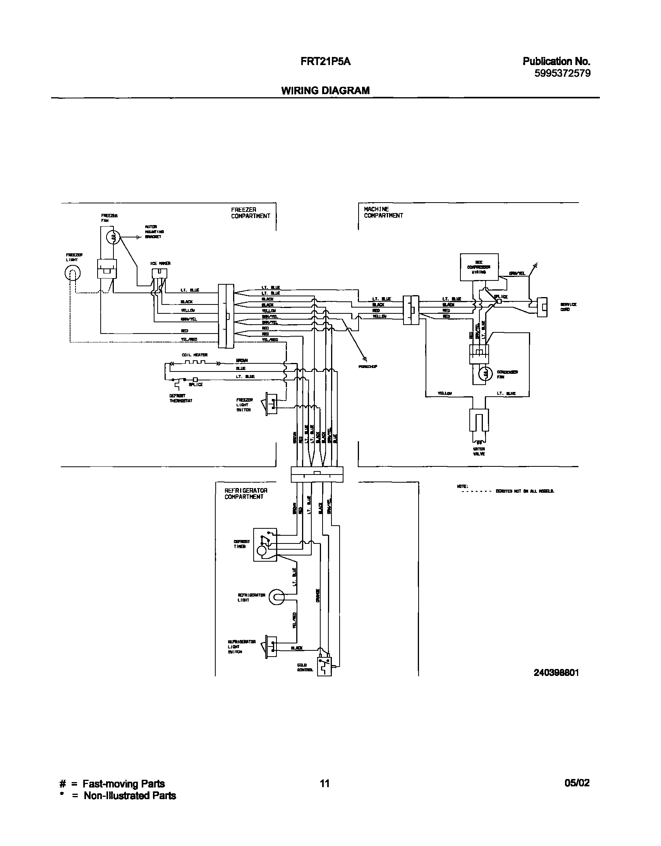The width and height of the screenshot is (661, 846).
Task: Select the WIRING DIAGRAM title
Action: click(x=325, y=91)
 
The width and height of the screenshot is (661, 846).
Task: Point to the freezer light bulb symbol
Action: click(x=72, y=274)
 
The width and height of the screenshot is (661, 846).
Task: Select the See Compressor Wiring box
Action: click(x=479, y=267)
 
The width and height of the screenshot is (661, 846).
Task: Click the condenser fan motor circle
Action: click(x=484, y=374)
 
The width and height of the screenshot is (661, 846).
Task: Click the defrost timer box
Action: click(x=265, y=544)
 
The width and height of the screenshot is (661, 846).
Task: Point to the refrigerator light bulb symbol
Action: click(x=276, y=597)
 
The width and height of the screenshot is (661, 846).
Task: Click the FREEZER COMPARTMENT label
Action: click(x=251, y=213)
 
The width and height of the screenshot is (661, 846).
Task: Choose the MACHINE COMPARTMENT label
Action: click(x=383, y=212)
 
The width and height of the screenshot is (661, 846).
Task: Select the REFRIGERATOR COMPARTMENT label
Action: click(x=246, y=493)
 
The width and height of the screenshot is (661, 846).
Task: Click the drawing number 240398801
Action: click(x=556, y=673)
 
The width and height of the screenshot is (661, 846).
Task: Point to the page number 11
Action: click(x=324, y=783)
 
